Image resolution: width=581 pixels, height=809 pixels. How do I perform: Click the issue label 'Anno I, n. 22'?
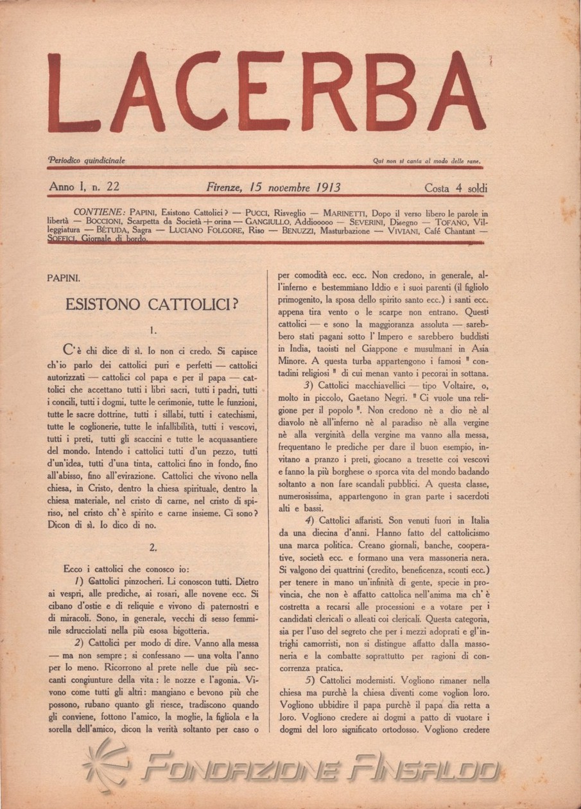(x=83, y=187)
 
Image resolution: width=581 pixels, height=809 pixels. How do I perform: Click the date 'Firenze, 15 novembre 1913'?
(x=273, y=187)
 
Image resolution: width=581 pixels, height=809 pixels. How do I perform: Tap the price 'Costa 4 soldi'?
(x=456, y=188)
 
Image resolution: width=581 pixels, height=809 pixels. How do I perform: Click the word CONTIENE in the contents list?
(x=100, y=212)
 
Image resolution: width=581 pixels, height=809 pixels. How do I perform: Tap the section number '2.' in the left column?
(x=152, y=548)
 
